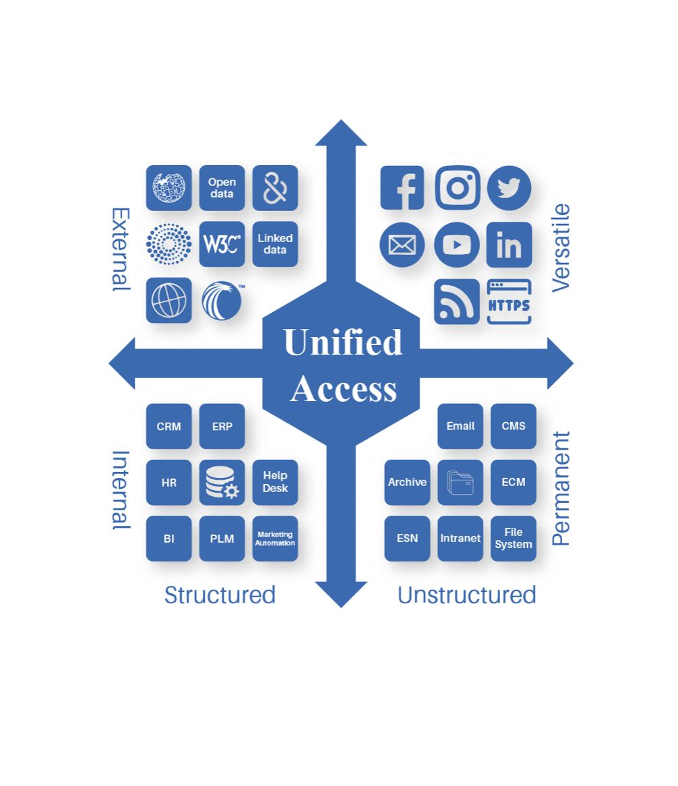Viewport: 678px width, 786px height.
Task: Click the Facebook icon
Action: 402,187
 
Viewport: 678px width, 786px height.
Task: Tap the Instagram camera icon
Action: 458,187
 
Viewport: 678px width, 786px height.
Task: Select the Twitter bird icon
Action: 510,187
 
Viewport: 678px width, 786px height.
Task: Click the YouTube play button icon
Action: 457,245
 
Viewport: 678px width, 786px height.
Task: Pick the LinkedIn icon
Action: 510,245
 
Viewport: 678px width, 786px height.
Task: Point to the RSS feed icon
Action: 457,301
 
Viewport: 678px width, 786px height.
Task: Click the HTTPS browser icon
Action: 510,301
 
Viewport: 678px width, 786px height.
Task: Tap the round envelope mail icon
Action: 402,245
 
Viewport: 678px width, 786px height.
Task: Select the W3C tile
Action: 222,244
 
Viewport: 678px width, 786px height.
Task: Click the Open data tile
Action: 222,188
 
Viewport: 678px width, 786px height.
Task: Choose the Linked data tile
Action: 275,244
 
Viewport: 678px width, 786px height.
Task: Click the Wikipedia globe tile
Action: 168,188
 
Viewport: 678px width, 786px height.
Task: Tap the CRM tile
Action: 168,426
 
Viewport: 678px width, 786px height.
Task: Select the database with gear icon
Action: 222,483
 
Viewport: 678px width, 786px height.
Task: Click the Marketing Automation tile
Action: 275,539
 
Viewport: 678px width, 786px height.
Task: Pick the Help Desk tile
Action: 275,483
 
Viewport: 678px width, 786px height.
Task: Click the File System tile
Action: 514,539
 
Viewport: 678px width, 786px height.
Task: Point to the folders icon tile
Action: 460,483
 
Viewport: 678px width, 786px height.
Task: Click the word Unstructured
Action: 466,595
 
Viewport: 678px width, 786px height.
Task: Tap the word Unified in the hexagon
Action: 343,342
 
